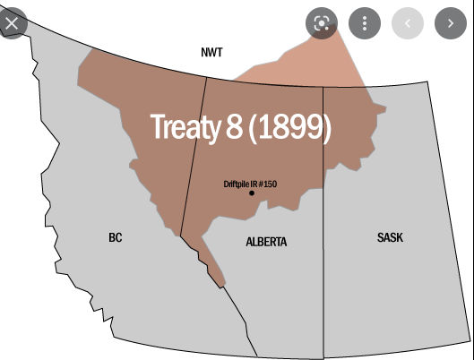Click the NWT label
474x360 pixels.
click(211, 53)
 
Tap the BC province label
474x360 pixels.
click(116, 237)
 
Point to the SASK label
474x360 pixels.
click(390, 237)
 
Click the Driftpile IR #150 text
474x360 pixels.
click(250, 184)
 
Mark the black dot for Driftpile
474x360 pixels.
click(252, 193)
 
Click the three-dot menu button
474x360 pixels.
click(365, 22)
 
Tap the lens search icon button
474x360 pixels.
click(322, 22)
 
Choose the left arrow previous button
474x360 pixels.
click(408, 22)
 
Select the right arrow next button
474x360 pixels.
click(451, 22)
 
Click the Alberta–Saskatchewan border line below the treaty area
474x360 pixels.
click(323, 269)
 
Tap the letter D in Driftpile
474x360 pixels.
click(226, 184)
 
